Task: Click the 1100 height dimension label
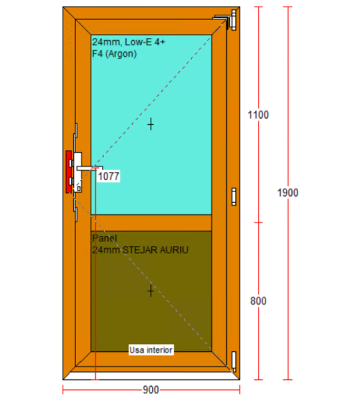tap(258, 115)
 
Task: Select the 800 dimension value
tap(258, 301)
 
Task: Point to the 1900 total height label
tap(288, 193)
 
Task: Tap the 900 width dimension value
tap(151, 390)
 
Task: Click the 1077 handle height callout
tap(109, 176)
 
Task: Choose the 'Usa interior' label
tap(151, 350)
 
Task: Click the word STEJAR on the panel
tap(140, 250)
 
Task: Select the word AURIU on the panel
tap(174, 250)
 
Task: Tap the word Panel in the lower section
tap(105, 238)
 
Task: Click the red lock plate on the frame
tap(69, 172)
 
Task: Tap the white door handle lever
tap(89, 168)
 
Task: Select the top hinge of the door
tap(233, 20)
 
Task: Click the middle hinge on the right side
tap(234, 197)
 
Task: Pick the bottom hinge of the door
tap(234, 361)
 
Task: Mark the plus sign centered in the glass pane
tap(151, 124)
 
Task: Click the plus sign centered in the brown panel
tap(151, 291)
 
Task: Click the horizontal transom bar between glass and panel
tap(151, 223)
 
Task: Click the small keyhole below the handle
tap(79, 189)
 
